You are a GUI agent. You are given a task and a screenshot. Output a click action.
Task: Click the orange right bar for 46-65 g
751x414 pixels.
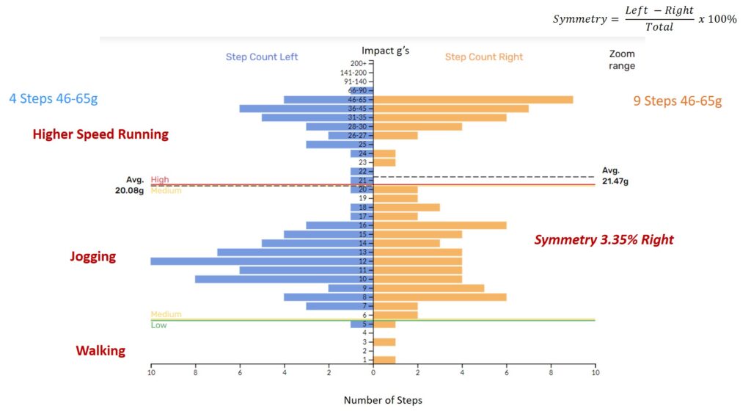coord(473,100)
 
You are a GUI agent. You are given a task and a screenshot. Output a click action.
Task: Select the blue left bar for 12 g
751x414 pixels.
coord(262,261)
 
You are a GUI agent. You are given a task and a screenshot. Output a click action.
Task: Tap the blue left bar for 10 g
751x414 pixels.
coord(284,279)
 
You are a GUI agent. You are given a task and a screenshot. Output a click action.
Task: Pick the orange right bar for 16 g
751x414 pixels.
coord(440,225)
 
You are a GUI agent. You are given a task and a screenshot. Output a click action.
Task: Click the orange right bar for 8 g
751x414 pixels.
coord(440,297)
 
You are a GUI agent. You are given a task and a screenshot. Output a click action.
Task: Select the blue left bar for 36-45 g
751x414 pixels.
coord(306,109)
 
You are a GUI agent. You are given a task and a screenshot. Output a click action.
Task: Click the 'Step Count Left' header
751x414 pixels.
coord(262,57)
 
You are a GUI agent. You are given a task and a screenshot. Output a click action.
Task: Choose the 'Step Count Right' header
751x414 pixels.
coord(483,57)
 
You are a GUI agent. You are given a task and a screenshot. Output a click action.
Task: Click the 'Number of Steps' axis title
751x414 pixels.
coord(383,400)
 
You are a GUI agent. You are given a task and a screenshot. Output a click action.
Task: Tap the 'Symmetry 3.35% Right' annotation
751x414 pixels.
coord(604,240)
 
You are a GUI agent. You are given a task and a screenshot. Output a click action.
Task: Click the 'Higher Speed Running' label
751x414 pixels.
coord(100,134)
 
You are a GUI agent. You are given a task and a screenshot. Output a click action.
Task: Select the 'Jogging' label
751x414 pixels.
coord(93,257)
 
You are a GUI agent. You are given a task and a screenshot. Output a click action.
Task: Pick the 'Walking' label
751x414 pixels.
coord(100,351)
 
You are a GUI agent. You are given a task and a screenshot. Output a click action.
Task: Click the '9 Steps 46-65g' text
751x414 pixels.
coord(677,101)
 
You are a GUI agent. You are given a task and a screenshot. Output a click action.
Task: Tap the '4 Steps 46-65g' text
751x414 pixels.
coord(53,98)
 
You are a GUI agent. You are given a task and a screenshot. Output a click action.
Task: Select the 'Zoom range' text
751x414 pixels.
coord(622,60)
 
